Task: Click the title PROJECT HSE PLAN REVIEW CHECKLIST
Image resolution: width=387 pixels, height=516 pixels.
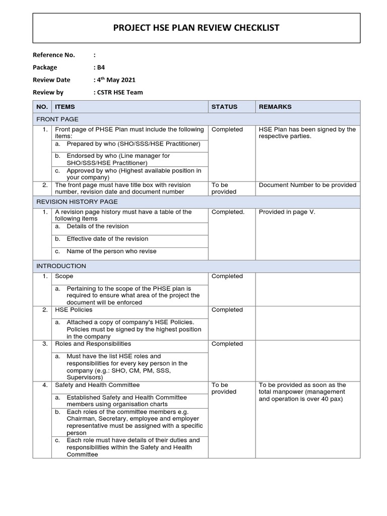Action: [197, 28]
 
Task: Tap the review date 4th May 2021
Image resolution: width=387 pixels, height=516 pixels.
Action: [115, 80]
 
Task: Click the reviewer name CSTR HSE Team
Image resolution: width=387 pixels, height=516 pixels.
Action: [119, 92]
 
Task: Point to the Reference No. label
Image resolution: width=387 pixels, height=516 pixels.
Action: [54, 55]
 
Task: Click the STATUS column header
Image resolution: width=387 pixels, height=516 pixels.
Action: [224, 107]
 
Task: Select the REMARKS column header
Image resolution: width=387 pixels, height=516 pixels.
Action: [275, 107]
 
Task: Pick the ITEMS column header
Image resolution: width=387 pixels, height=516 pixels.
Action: [65, 107]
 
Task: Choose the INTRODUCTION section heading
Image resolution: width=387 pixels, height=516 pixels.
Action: [61, 266]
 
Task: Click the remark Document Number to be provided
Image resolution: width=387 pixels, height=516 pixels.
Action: [307, 185]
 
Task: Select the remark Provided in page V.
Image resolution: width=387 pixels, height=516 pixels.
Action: [287, 212]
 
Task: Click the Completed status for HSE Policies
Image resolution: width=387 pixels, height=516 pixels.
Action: [227, 310]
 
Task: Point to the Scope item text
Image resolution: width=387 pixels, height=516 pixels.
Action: [64, 276]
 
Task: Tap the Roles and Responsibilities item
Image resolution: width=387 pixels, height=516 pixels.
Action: [93, 344]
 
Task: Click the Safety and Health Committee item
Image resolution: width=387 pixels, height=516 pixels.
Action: [97, 385]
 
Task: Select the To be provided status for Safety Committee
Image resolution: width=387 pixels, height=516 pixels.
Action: [220, 389]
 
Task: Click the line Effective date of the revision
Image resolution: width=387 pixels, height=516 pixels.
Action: [107, 239]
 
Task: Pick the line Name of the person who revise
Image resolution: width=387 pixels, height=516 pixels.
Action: [111, 251]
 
